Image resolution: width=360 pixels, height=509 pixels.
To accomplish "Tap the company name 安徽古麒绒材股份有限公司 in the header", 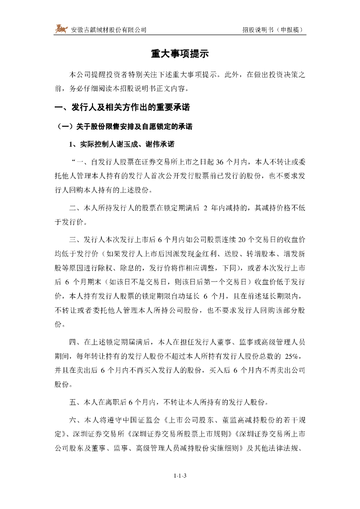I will (x=109, y=30).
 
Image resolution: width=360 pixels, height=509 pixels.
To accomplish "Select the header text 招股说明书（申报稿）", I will (x=273, y=30).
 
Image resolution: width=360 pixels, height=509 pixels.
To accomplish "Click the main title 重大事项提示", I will (x=180, y=54).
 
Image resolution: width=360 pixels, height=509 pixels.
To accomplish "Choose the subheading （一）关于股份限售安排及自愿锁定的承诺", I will (x=123, y=127).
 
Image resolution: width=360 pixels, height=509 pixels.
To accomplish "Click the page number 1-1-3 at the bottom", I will (x=180, y=476).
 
